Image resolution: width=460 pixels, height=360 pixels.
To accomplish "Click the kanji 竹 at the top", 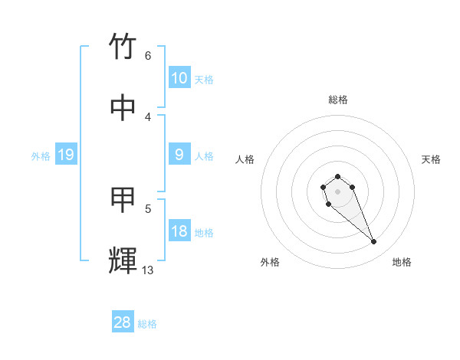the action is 123,47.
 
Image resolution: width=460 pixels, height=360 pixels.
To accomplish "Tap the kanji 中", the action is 123,108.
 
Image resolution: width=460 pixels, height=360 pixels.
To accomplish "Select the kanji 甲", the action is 123,200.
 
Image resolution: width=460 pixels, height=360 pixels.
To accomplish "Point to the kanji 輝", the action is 123,260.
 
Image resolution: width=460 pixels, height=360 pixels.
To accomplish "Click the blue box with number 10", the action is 179,78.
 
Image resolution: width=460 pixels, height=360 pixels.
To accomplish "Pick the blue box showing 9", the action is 179,155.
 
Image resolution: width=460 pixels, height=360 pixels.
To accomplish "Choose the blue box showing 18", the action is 179,231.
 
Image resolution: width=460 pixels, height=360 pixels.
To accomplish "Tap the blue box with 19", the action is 65,155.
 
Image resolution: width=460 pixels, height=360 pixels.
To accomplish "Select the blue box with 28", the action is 123,322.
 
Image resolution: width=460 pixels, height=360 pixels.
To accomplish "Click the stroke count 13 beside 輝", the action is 147,270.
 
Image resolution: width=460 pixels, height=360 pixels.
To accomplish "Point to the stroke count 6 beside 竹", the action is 148,55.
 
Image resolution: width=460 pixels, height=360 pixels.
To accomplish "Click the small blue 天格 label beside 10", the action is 204,79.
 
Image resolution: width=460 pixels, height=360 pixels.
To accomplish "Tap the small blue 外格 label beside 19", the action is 41,155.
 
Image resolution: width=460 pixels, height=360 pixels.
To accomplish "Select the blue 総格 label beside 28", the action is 147,323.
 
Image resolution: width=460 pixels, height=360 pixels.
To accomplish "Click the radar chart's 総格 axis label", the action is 337,99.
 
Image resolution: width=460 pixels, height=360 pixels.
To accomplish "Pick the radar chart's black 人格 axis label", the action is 245,159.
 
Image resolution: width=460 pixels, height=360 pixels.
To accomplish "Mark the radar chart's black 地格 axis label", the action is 402,262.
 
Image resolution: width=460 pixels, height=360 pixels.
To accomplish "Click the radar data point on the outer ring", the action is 374,242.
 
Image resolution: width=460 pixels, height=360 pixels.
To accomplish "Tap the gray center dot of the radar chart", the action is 337,191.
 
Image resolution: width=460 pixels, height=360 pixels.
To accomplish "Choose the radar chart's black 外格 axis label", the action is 270,262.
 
